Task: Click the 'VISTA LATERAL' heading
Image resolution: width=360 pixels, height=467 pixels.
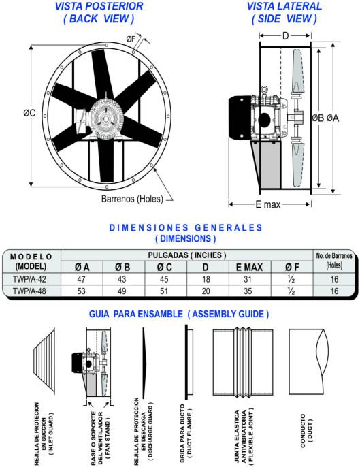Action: pos(284,7)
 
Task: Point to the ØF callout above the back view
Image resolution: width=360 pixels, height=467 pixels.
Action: pos(133,39)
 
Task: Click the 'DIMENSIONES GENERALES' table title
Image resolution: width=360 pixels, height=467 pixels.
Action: pos(186,227)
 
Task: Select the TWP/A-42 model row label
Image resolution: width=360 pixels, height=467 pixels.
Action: pos(31,278)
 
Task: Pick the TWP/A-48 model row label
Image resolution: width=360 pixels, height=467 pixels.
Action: pos(31,291)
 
